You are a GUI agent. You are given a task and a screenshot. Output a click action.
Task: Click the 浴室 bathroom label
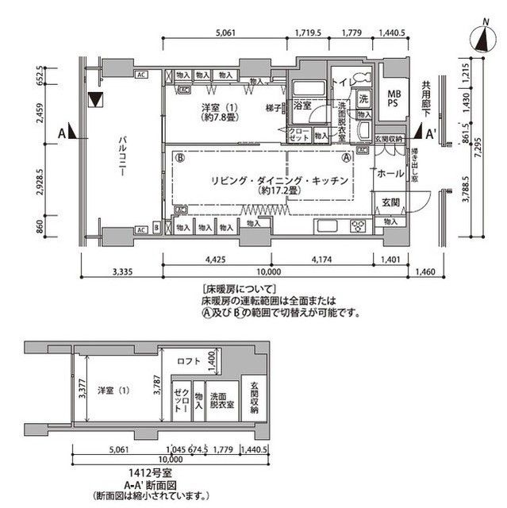[302, 105]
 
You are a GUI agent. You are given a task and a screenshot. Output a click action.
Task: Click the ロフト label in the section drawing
[189, 362]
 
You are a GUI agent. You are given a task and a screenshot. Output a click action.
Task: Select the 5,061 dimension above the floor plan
[226, 33]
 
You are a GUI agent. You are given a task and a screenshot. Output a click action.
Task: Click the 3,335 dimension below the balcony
[121, 272]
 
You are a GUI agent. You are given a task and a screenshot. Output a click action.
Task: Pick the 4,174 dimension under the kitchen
[321, 258]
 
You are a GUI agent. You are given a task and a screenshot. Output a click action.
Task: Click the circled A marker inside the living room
[346, 158]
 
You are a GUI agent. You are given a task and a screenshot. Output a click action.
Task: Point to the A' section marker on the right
[431, 133]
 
